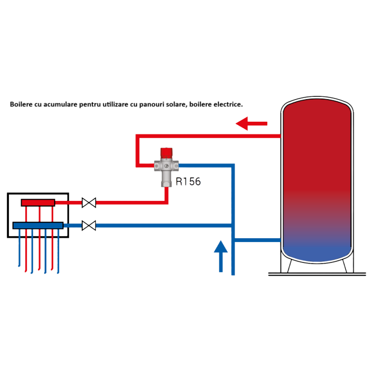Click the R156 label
[x=188, y=182]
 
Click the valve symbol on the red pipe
[x=89, y=202]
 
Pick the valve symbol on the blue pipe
[x=89, y=226]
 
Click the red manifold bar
[x=38, y=202]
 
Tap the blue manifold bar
[x=38, y=226]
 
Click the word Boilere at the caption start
[x=22, y=104]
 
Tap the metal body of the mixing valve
[x=167, y=169]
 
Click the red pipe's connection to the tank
[x=280, y=137]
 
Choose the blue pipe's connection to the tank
[x=280, y=240]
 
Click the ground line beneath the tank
[x=316, y=274]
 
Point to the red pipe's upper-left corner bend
[x=138, y=137]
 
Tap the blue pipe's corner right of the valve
[x=232, y=166]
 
